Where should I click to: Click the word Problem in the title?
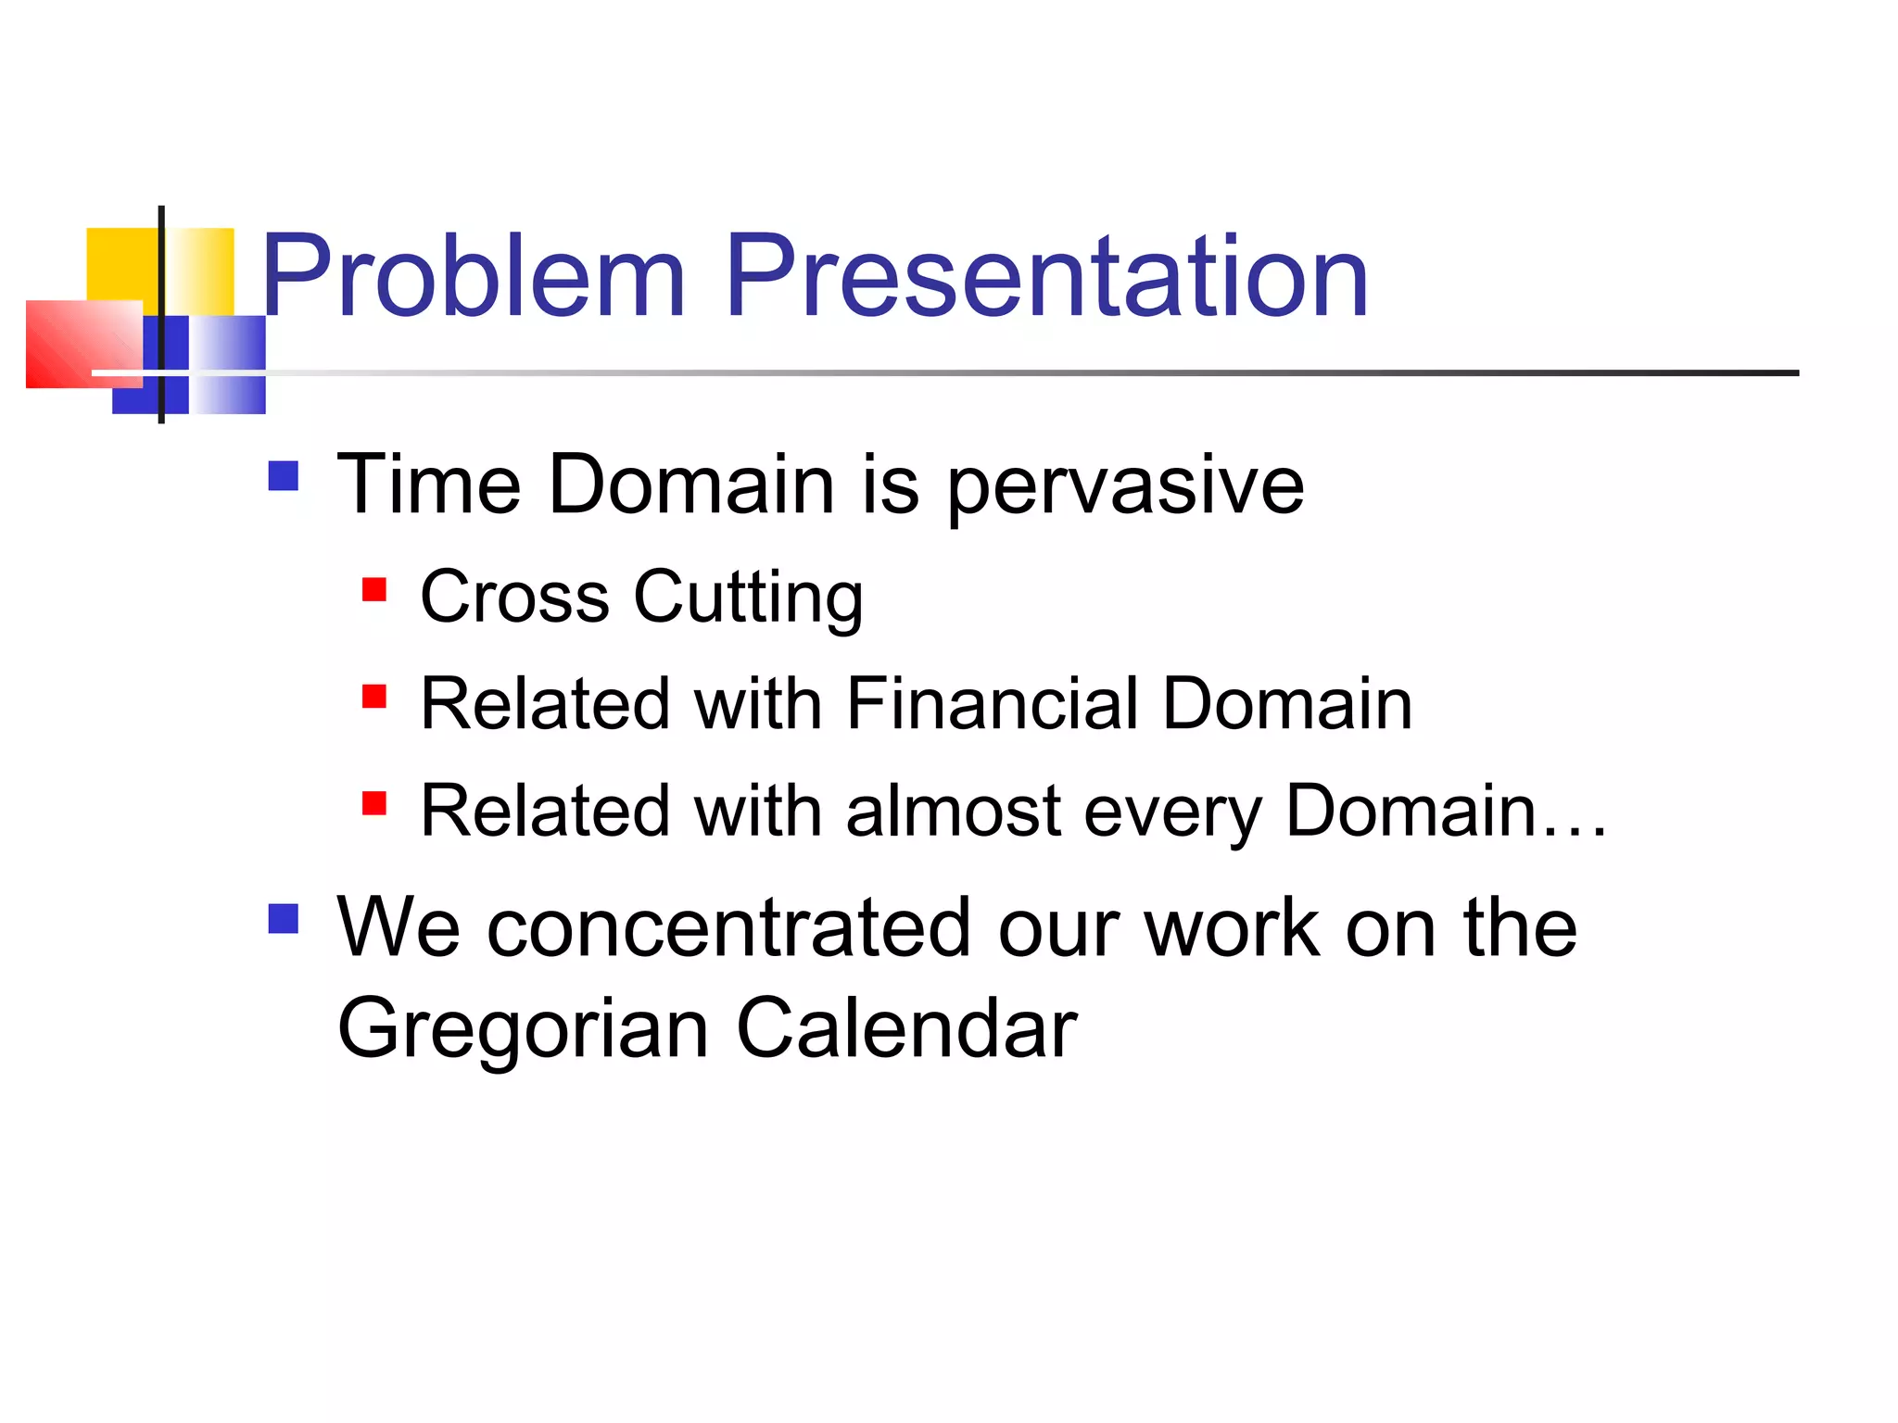(473, 277)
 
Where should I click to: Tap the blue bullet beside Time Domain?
(284, 476)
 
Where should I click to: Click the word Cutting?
(748, 598)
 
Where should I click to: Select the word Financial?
(992, 704)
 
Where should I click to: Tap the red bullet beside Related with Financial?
(374, 697)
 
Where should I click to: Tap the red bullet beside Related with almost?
(374, 803)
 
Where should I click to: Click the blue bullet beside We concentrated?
(284, 919)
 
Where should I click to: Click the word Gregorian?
(523, 1030)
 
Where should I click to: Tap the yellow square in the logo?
(120, 263)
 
